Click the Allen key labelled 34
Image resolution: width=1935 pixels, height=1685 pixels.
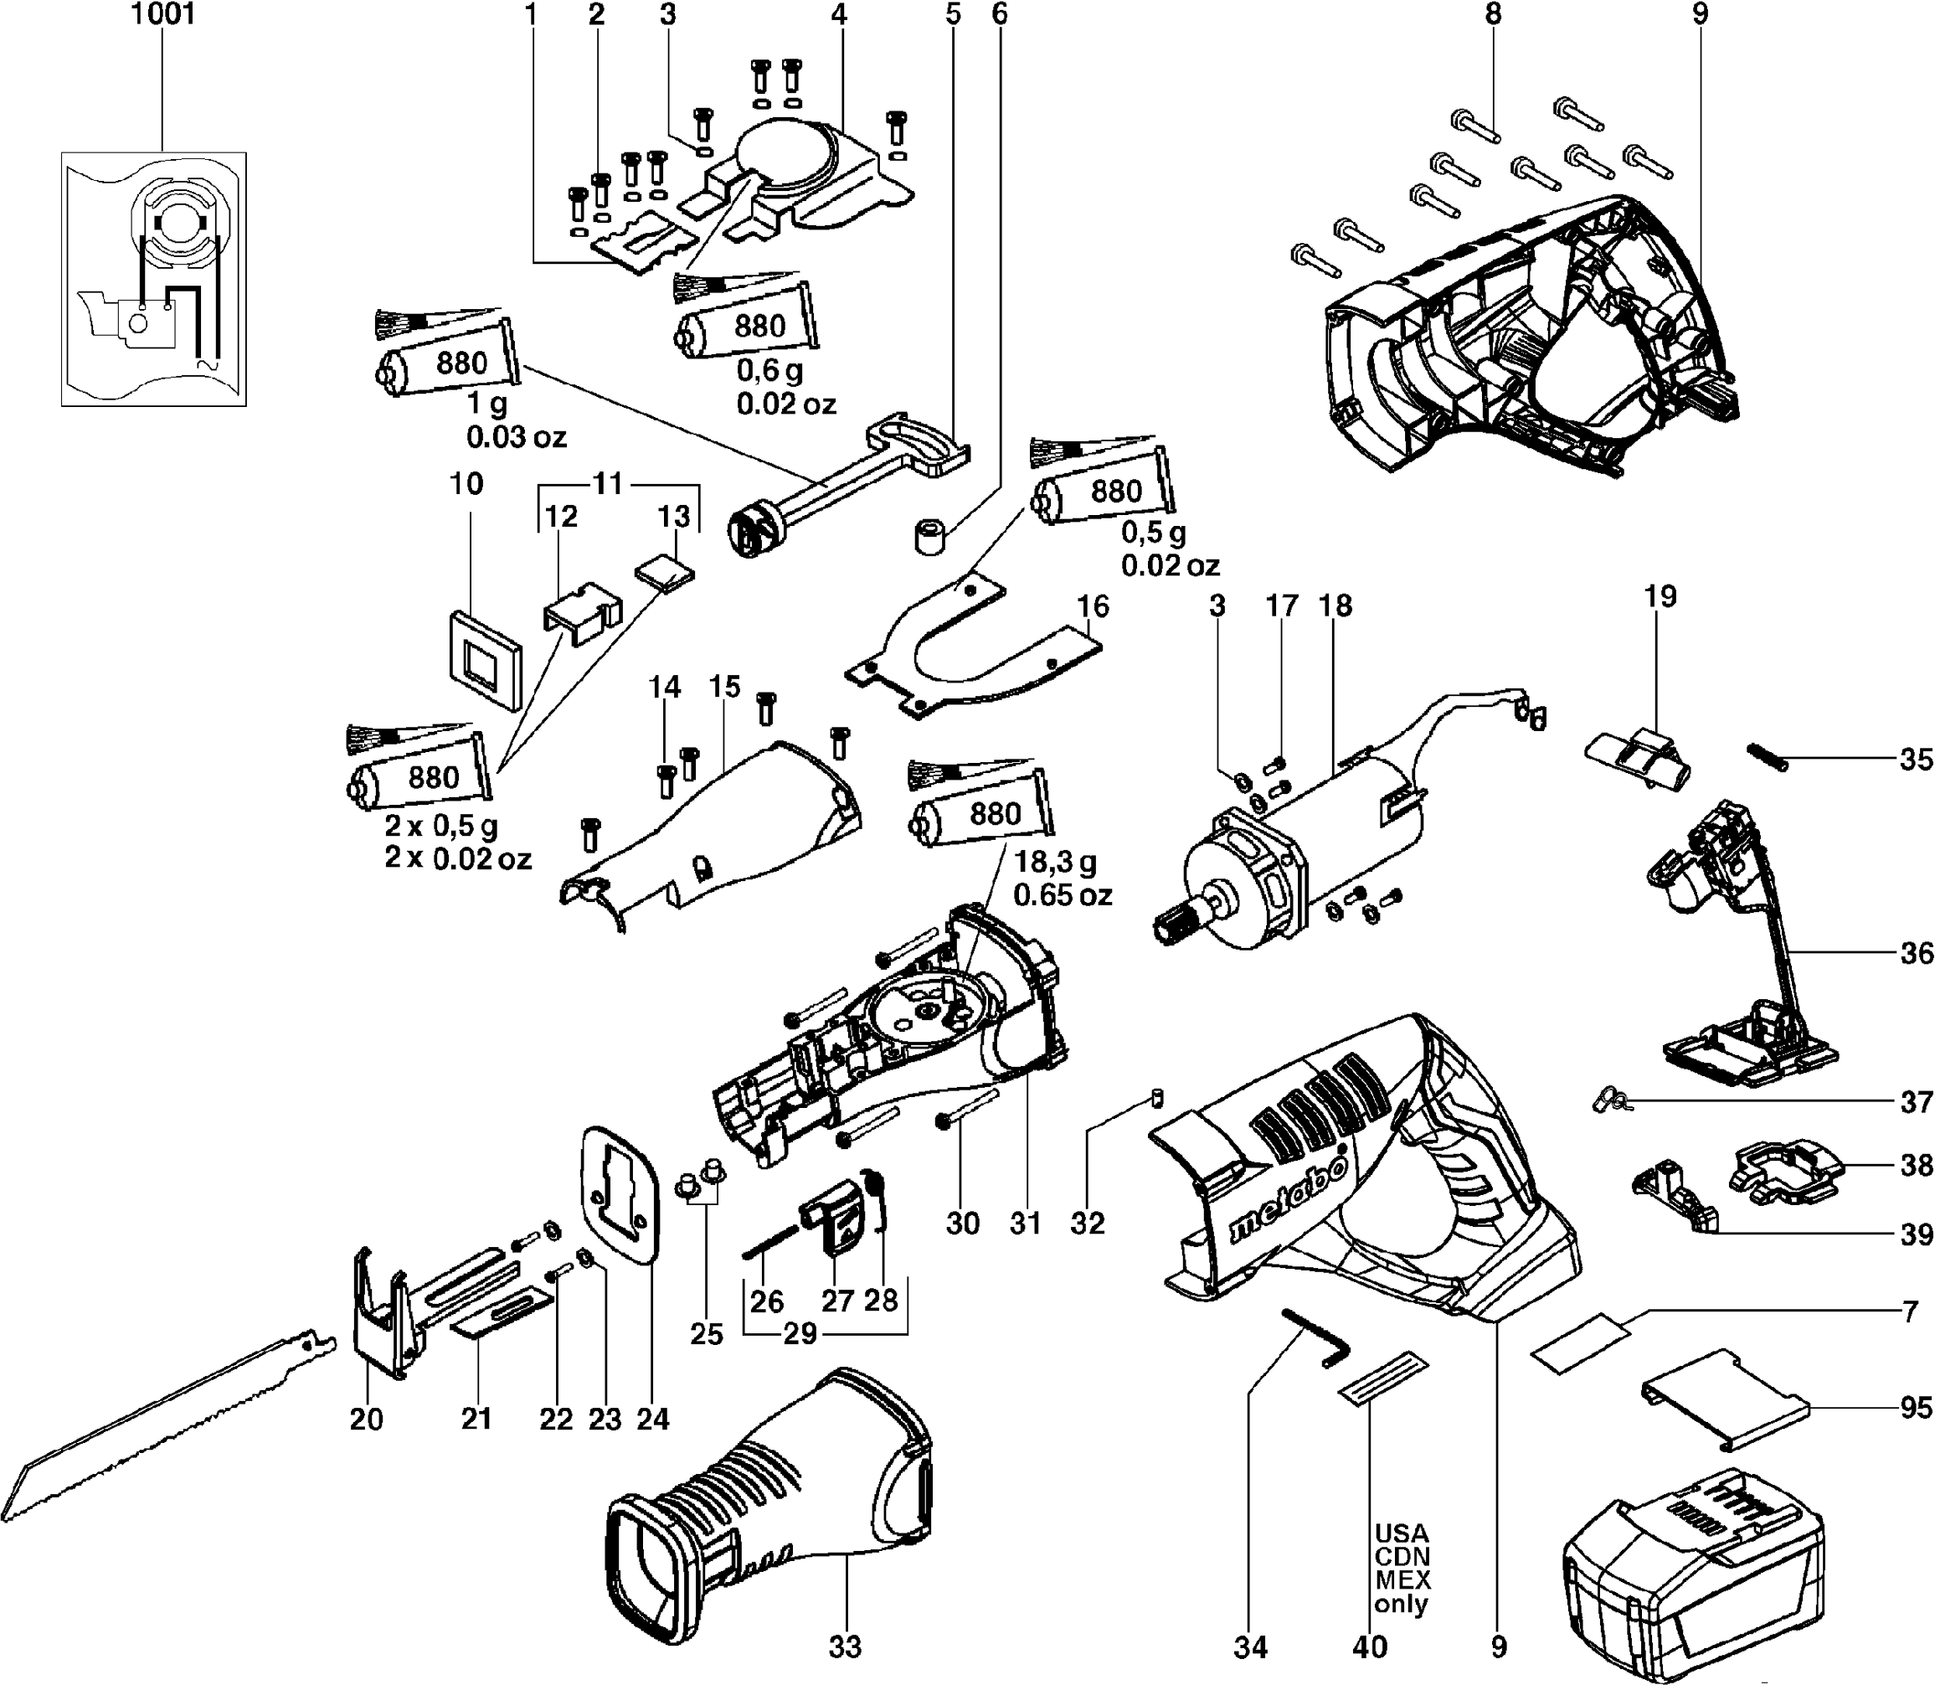click(1315, 1336)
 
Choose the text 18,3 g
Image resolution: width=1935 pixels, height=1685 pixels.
click(1055, 861)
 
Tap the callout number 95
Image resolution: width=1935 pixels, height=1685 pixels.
click(1915, 1408)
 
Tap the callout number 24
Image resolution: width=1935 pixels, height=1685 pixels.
click(652, 1418)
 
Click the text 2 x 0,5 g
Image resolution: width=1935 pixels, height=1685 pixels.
click(441, 827)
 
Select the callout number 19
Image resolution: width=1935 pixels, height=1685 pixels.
click(1660, 596)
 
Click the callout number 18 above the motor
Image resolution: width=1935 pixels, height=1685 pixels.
click(1335, 605)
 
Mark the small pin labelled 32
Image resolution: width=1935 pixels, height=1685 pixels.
click(1158, 1096)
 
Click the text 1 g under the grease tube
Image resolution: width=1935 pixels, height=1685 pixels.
click(487, 404)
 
